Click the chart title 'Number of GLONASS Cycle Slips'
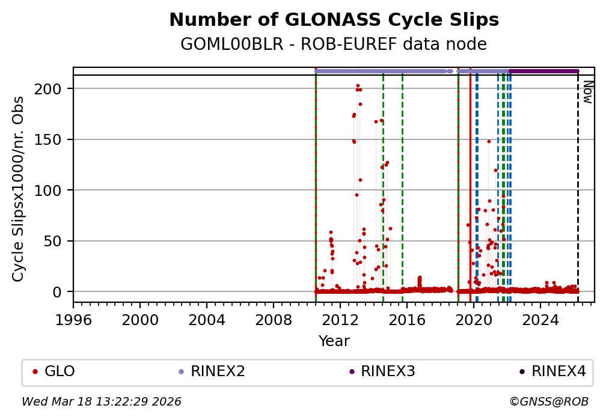point(334,20)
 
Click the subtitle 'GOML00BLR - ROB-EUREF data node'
point(334,44)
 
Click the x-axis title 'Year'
point(334,341)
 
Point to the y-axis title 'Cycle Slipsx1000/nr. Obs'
point(19,188)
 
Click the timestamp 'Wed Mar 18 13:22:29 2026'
point(102,401)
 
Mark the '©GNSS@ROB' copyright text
point(549,401)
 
